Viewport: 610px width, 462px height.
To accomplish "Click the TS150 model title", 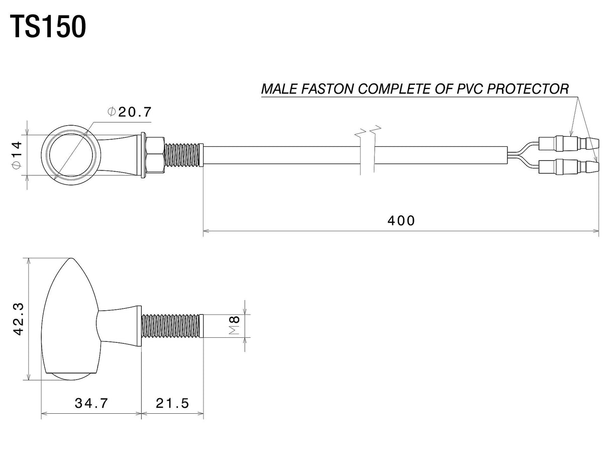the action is (48, 27).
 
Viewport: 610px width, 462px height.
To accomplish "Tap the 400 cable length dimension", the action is (401, 220).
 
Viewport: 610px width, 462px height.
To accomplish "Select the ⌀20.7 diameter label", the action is (129, 112).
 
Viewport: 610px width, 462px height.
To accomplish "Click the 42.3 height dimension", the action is (19, 319).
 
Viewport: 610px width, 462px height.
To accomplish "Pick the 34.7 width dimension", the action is (91, 403).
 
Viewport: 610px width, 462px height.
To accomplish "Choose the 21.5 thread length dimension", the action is (172, 403).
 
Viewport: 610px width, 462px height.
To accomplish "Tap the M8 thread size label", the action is (235, 325).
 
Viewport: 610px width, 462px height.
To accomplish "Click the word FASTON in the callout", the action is (327, 89).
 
